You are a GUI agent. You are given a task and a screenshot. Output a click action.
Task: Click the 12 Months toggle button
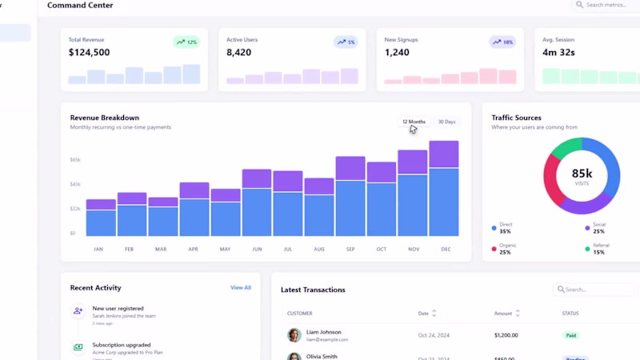click(414, 122)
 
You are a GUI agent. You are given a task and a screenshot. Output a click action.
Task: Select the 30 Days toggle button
click(446, 122)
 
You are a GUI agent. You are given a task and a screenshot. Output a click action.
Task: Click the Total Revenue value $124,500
click(90, 53)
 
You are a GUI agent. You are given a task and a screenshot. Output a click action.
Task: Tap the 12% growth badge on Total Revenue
click(187, 42)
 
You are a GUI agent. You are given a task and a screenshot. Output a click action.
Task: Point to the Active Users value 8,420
click(239, 53)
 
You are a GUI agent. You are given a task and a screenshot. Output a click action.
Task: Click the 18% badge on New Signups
click(503, 42)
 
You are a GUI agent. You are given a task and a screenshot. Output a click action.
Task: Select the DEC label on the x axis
click(445, 249)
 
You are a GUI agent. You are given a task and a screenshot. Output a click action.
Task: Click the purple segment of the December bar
click(444, 154)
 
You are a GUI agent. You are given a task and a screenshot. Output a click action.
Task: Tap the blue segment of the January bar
click(101, 222)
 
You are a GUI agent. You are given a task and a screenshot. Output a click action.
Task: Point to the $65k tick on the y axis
click(75, 160)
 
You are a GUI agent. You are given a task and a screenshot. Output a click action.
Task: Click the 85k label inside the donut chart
click(582, 174)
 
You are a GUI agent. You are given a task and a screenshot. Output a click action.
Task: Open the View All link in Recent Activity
click(241, 287)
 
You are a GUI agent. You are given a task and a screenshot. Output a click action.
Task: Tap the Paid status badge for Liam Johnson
click(570, 335)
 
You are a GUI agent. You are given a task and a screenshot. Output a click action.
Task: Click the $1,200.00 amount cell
click(506, 335)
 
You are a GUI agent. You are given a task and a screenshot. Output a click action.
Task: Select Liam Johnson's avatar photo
click(294, 335)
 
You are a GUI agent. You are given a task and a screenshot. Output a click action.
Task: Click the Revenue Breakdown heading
click(105, 118)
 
